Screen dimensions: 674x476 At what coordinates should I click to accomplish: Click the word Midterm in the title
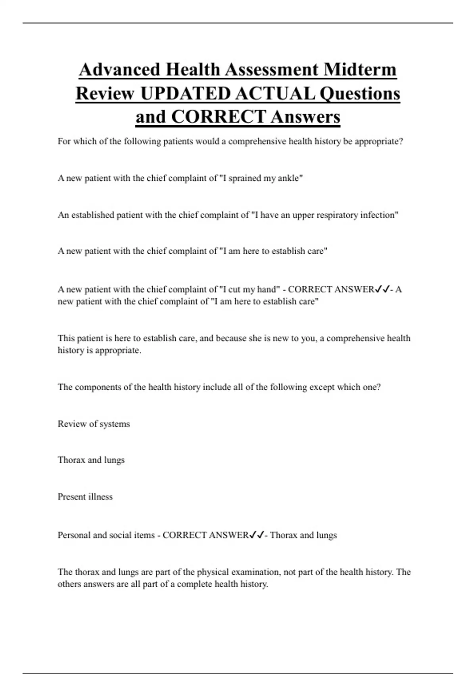360,69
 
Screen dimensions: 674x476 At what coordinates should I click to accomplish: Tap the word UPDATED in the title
185,94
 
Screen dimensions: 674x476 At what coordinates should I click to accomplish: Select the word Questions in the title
360,94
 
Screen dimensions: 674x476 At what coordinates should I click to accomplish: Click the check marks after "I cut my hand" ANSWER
382,289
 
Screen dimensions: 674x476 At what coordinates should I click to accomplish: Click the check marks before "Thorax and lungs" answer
256,535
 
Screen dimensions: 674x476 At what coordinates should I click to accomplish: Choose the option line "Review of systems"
94,424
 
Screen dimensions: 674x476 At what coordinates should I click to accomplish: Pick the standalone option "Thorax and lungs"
91,460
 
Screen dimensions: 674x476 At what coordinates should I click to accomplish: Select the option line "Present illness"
85,497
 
